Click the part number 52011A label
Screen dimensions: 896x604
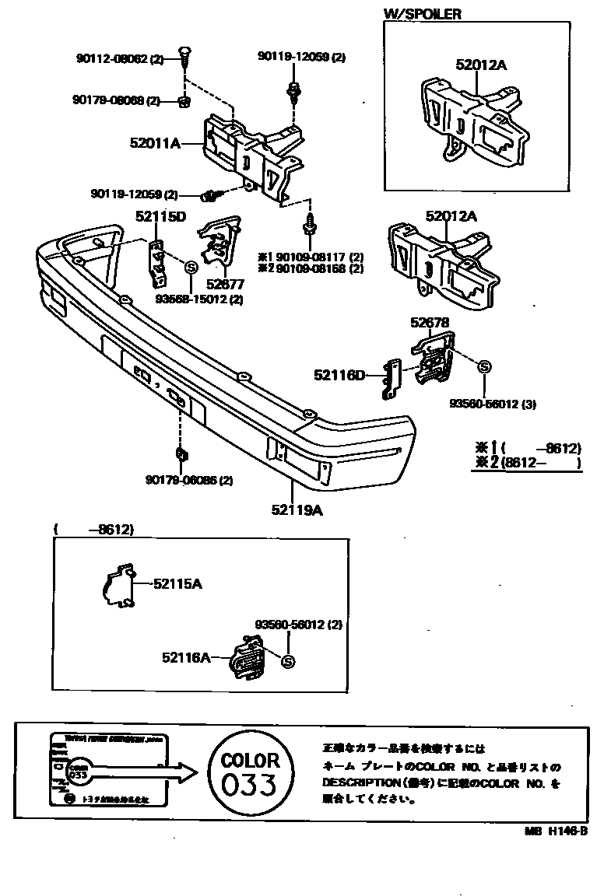point(156,143)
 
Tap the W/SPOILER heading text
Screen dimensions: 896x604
point(422,13)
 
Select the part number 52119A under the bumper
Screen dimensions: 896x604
point(297,510)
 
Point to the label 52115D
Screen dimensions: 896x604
point(160,217)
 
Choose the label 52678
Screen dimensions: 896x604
point(430,321)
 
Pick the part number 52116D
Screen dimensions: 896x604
point(340,376)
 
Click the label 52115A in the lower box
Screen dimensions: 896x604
point(177,583)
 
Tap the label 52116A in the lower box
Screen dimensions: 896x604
point(187,658)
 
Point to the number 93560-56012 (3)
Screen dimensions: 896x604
point(487,404)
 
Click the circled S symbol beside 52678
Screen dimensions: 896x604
point(483,367)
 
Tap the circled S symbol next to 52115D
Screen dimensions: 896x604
point(189,267)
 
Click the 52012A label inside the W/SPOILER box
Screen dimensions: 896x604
point(482,65)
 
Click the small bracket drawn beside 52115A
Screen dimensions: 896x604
point(119,585)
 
